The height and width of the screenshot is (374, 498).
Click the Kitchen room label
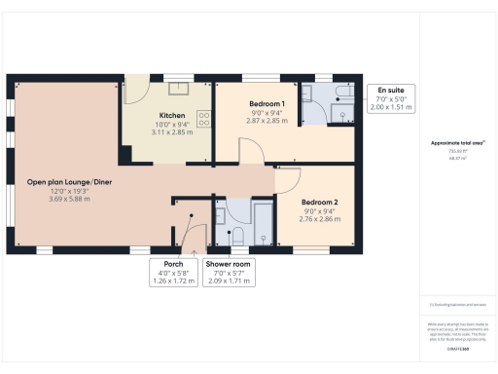[x=172, y=115]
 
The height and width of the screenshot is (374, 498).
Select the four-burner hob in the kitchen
[x=205, y=119]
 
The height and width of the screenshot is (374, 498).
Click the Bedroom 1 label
[x=266, y=104]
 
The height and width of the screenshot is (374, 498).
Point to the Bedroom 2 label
[x=292, y=202]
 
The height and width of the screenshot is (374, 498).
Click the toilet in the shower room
[x=236, y=235]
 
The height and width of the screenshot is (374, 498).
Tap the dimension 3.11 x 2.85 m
[x=172, y=131]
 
